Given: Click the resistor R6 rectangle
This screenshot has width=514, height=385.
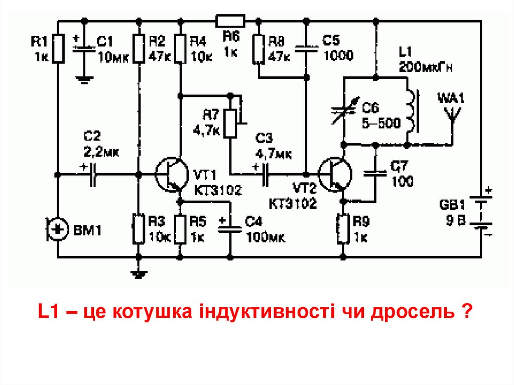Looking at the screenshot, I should pyautogui.click(x=230, y=21).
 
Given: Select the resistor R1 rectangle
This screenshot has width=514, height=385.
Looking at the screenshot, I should pyautogui.click(x=59, y=49).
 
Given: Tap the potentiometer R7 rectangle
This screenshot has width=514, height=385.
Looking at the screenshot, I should pyautogui.click(x=230, y=123).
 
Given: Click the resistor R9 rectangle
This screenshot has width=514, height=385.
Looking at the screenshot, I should pyautogui.click(x=344, y=228).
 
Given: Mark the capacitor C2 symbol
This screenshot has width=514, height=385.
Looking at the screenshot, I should pyautogui.click(x=93, y=175).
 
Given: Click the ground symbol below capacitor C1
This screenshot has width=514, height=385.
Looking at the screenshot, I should pyautogui.click(x=84, y=77).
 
